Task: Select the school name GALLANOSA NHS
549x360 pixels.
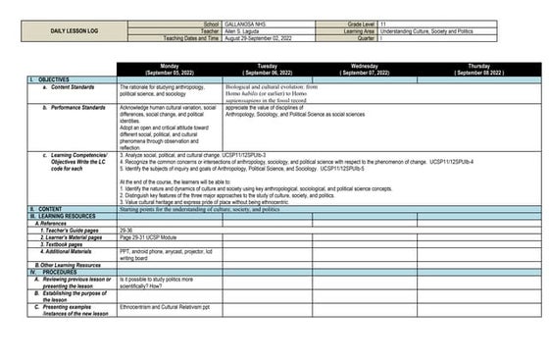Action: tap(247, 22)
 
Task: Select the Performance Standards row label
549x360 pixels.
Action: tap(74, 106)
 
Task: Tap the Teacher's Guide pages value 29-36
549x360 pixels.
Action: tap(126, 230)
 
